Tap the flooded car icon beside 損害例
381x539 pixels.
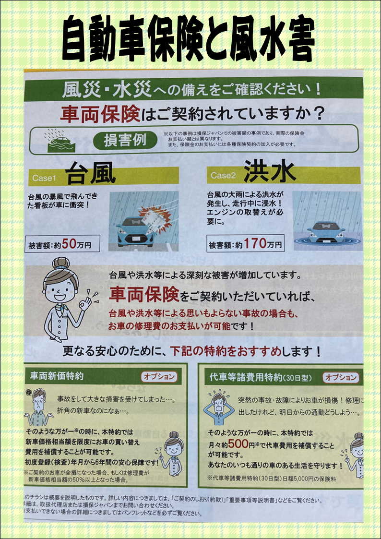click(59, 140)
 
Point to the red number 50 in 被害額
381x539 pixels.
click(69, 244)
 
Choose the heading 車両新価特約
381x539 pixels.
click(57, 376)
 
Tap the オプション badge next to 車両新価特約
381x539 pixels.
click(159, 376)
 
